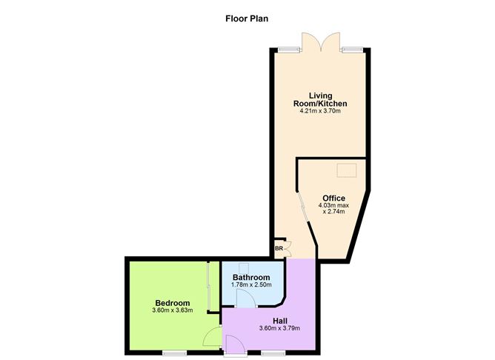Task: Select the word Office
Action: tap(334, 198)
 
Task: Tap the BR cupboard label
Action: tap(279, 249)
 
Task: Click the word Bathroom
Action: tap(251, 277)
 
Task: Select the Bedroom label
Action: tap(173, 302)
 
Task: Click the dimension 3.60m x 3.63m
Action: tap(173, 310)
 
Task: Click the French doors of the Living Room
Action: tap(321, 43)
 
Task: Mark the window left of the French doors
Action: tap(288, 49)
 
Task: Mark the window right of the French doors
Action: tap(352, 49)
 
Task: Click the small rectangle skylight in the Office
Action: tap(346, 171)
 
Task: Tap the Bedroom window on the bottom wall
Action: tap(174, 352)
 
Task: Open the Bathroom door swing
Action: tap(245, 298)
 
